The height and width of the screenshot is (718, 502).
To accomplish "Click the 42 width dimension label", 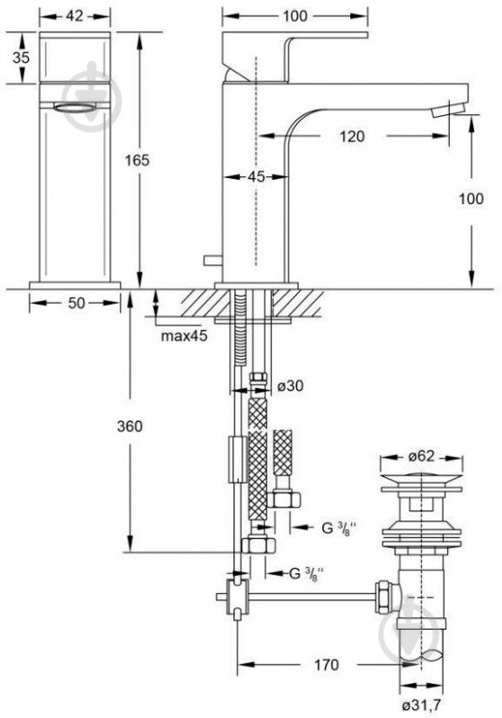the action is [x=75, y=15].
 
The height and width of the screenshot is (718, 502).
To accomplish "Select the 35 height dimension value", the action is [x=21, y=58].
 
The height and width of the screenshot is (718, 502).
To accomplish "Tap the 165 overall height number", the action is [x=137, y=160].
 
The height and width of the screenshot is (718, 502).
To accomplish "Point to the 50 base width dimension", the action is [x=76, y=303].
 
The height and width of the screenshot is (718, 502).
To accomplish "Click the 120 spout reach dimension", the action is [x=352, y=136].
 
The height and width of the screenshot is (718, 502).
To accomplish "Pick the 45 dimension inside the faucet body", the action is [x=257, y=176].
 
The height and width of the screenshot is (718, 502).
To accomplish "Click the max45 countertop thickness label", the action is [x=184, y=336].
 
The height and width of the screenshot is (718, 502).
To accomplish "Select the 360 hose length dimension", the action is [x=129, y=426].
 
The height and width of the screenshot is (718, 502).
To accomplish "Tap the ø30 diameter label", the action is [x=291, y=386].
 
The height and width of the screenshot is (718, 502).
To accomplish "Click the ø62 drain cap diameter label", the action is [x=421, y=457].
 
